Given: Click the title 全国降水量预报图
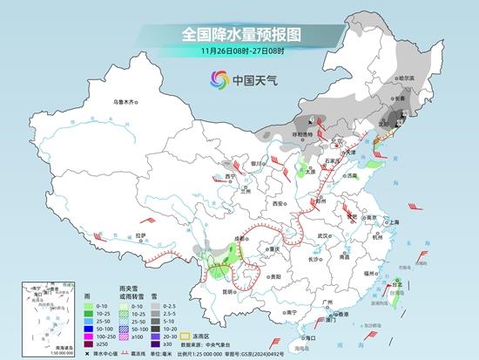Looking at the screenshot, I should coord(239,33).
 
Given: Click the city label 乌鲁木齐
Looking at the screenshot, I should coord(125,103).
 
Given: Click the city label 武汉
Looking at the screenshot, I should coord(325,235).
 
